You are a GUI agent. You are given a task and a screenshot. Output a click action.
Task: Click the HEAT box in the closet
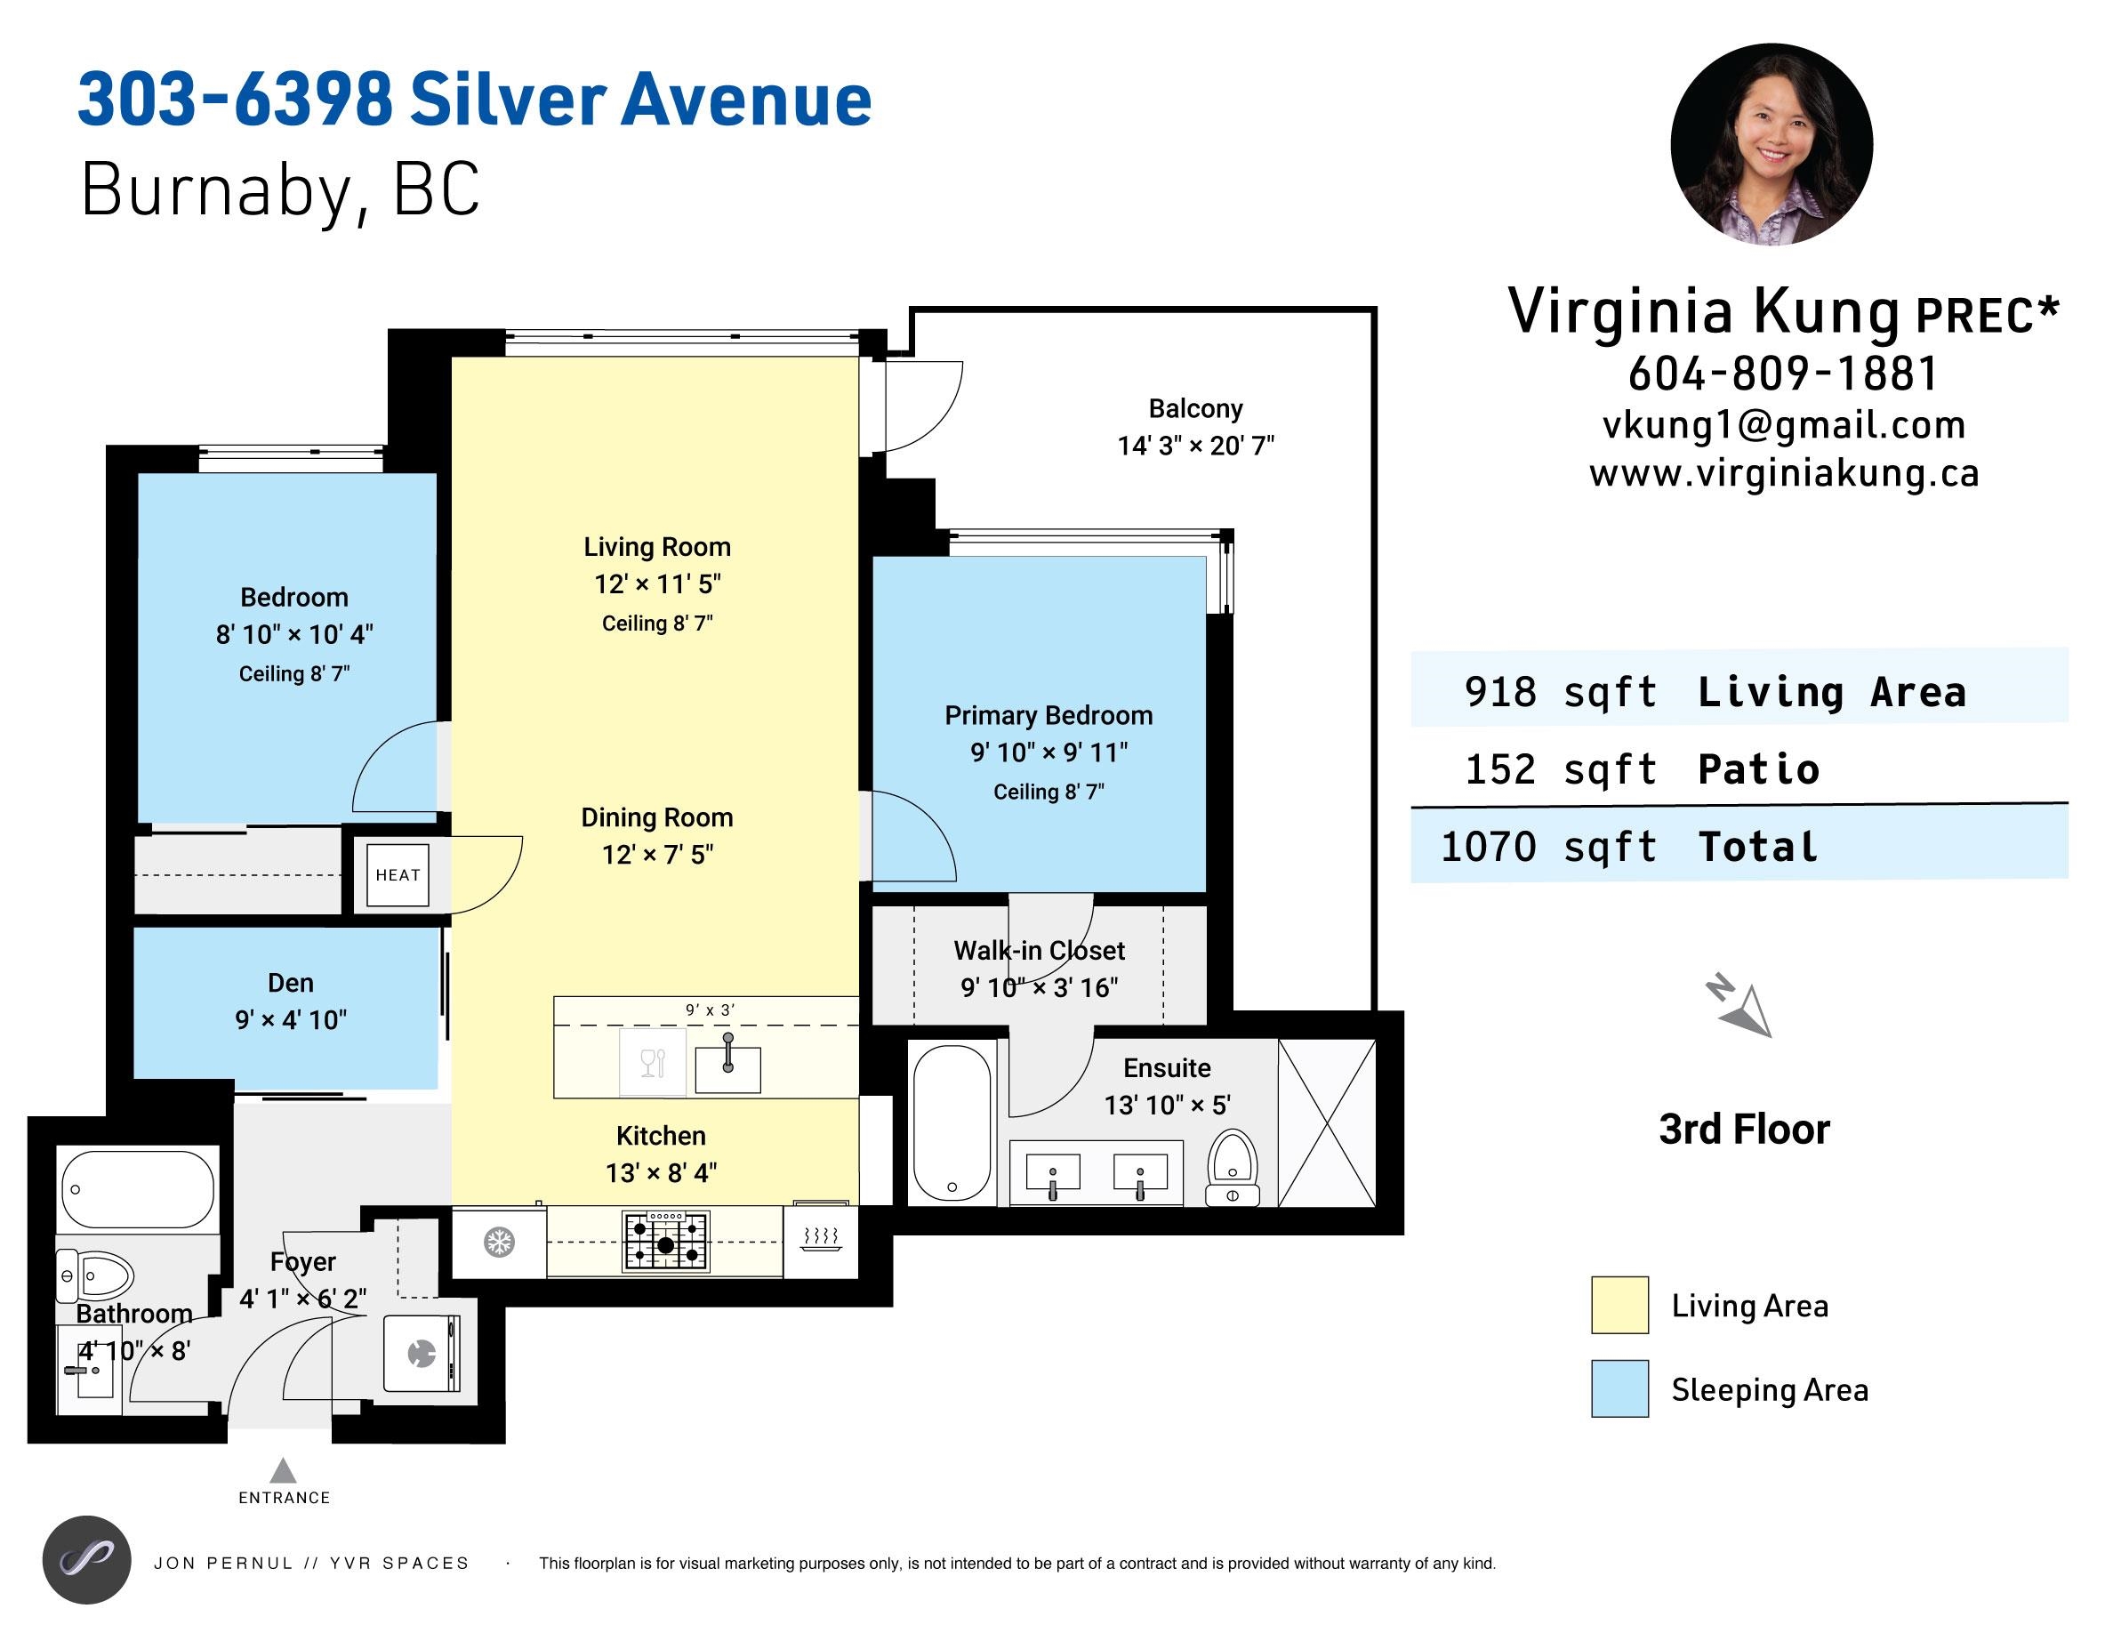(x=398, y=874)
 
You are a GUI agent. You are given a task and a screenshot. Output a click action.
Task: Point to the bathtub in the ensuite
(x=953, y=1123)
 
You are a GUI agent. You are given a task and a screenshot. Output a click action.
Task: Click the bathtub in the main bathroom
(x=137, y=1188)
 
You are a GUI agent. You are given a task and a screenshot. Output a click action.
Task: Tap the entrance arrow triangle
(x=283, y=1470)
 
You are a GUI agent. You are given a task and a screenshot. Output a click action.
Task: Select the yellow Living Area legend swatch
(x=1619, y=1305)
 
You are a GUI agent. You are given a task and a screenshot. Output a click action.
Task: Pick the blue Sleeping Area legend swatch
(x=1619, y=1388)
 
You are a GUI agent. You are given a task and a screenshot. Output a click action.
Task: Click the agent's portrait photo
(x=1772, y=144)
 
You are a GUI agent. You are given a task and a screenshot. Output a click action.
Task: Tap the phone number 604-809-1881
(x=1783, y=374)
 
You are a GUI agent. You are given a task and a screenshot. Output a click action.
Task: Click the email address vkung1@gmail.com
(x=1784, y=424)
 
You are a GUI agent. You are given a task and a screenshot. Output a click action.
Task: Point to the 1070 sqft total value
(x=1549, y=847)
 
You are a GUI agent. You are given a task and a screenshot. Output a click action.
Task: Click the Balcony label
(x=1196, y=408)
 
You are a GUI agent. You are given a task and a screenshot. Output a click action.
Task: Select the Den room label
(x=290, y=983)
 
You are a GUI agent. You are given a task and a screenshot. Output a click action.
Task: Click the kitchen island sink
(x=727, y=1063)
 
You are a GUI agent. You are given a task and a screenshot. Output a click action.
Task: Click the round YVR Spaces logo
(x=87, y=1560)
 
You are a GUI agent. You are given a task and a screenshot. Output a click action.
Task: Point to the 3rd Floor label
(x=1745, y=1129)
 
